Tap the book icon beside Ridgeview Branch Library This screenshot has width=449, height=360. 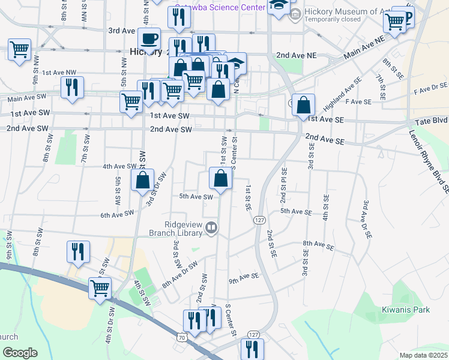[x=211, y=227]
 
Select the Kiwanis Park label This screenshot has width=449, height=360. [x=406, y=310]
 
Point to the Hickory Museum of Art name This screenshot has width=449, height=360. [x=341, y=10]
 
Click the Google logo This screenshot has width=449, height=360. [x=20, y=353]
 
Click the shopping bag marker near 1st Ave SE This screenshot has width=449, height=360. [x=304, y=105]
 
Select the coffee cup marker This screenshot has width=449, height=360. [x=149, y=39]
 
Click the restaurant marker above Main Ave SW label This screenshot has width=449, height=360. [x=72, y=87]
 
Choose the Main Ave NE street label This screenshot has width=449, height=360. [x=363, y=49]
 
